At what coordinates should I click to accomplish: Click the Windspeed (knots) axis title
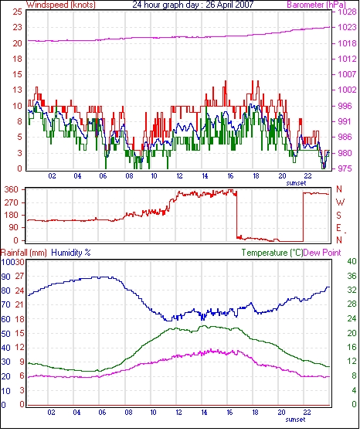61,5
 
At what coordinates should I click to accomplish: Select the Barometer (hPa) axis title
317,5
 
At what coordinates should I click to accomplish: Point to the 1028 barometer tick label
347,12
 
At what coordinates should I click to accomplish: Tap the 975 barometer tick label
345,168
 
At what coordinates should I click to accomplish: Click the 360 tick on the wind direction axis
12,190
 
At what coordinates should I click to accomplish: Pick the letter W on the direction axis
340,202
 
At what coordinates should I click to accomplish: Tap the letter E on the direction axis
338,228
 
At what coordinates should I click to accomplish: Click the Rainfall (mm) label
24,253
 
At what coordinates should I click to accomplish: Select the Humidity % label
71,253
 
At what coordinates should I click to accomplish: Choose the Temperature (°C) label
272,253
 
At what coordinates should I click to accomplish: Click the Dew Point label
322,253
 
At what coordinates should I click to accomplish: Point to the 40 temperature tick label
352,261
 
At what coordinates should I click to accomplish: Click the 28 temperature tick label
352,304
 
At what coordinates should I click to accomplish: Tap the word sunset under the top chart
296,183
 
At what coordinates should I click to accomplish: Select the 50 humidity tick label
5,334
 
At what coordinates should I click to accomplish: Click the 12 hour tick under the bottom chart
178,413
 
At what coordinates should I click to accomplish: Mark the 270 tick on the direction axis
12,202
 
